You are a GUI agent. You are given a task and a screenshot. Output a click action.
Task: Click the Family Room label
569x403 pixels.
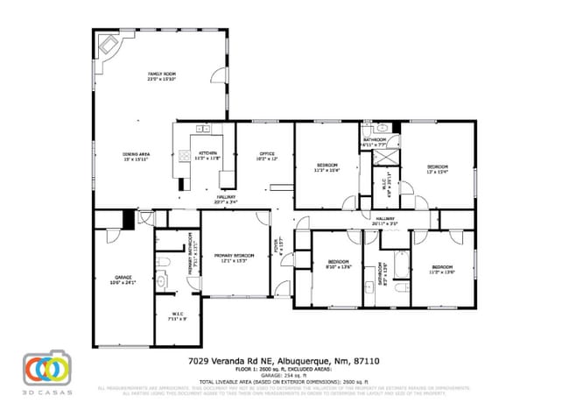coord(161,75)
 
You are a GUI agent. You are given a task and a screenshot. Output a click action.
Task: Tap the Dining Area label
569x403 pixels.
coord(136,157)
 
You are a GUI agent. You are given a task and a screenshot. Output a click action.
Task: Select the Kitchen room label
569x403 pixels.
coord(207,157)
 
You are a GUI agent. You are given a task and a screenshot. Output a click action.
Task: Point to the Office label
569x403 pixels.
coord(266,157)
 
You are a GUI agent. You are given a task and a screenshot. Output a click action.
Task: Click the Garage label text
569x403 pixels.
coord(123,279)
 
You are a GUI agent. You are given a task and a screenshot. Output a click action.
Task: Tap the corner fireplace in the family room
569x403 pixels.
coord(109,45)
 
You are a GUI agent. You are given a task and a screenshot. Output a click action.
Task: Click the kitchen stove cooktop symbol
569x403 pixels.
coord(186,157)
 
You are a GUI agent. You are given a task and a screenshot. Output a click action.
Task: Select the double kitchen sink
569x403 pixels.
coord(204,129)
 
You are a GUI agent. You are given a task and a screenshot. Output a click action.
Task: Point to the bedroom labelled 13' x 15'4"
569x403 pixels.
coord(437,169)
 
